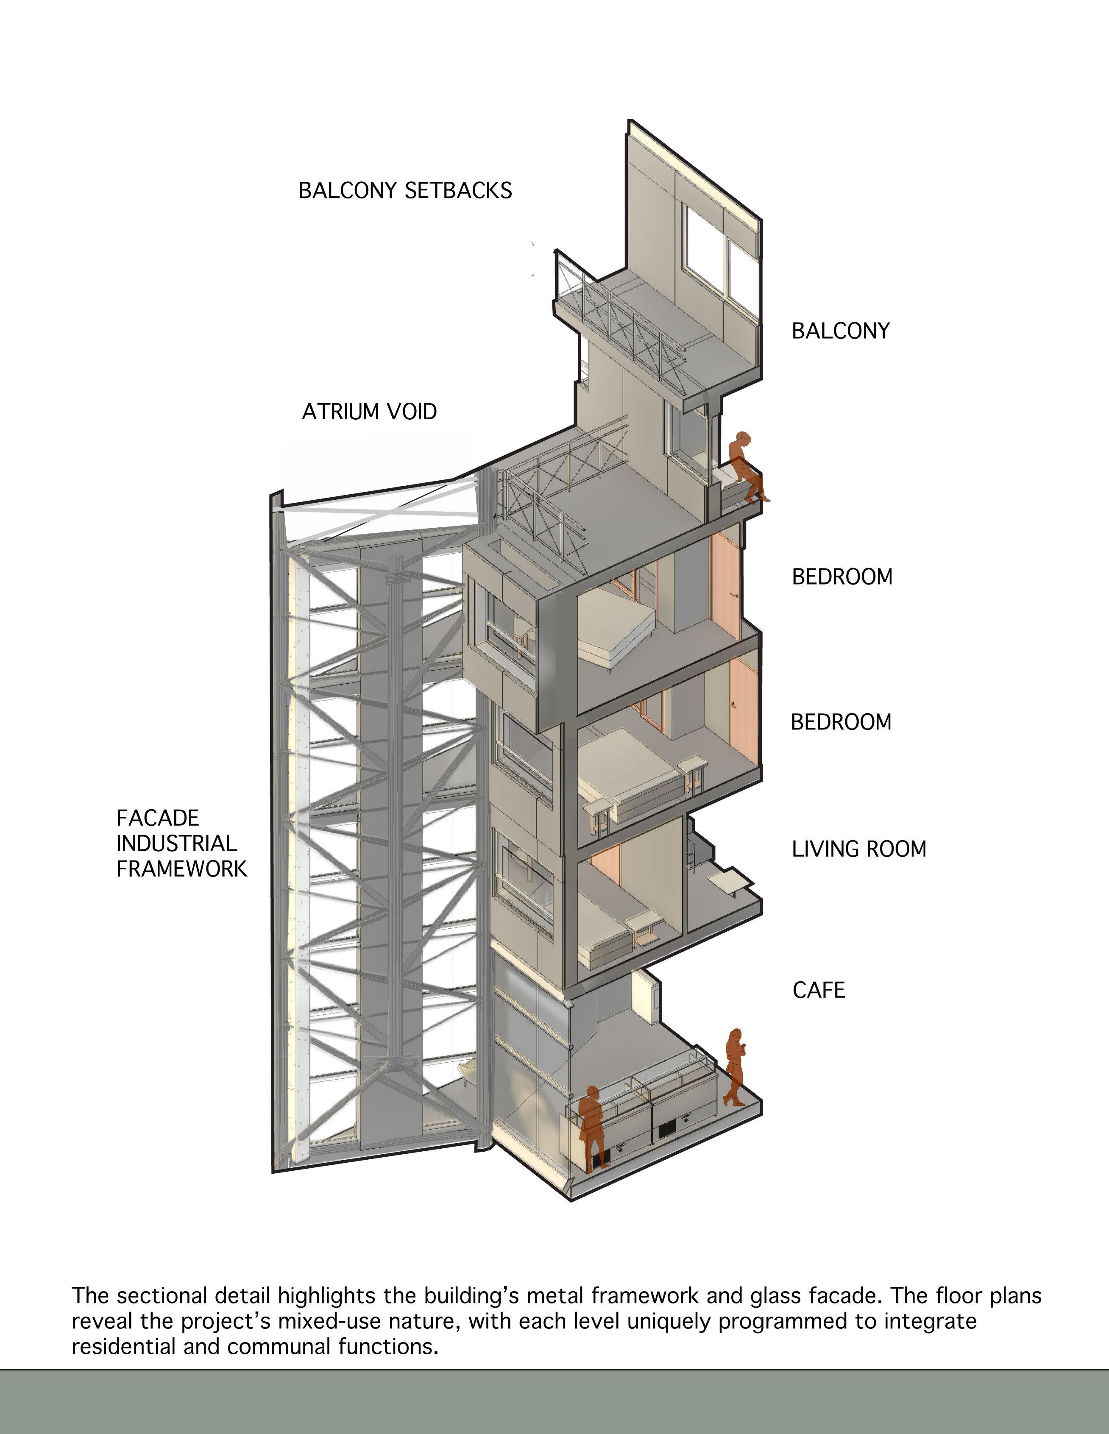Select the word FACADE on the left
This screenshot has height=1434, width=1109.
[158, 818]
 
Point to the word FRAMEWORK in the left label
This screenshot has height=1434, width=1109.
[181, 869]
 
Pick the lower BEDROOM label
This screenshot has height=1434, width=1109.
[841, 722]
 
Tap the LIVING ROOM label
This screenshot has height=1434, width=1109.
[859, 849]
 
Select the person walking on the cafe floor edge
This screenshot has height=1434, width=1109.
[735, 1066]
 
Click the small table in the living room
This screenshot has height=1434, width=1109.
[731, 880]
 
